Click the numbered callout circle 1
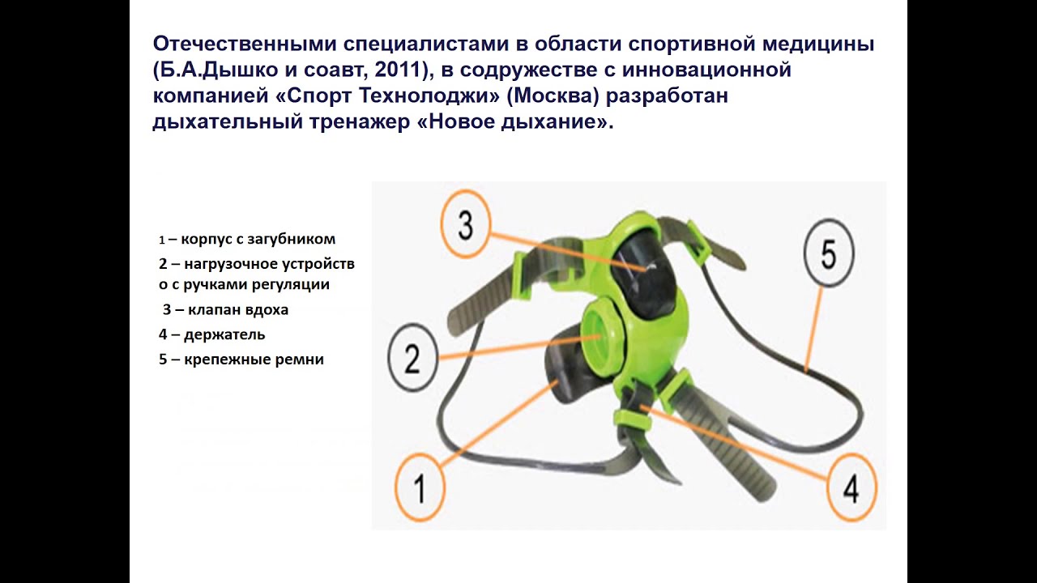[420, 487]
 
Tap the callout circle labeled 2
[412, 358]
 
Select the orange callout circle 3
[465, 224]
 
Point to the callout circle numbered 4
[851, 487]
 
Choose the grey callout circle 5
[829, 253]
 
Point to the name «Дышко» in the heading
[242, 70]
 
